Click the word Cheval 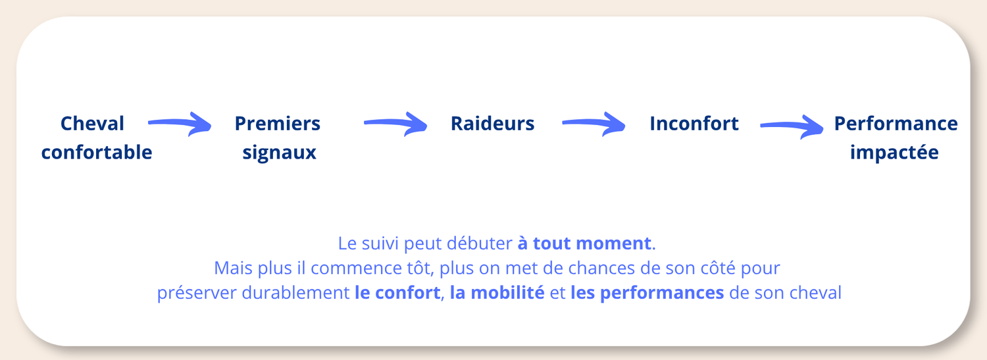click(x=92, y=123)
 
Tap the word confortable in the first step click(x=97, y=153)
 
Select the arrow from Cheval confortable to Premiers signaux click(x=180, y=124)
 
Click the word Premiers click(x=277, y=123)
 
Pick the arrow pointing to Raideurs click(x=395, y=124)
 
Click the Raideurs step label click(x=492, y=123)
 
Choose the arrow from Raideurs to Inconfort click(x=594, y=124)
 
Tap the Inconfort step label click(x=694, y=123)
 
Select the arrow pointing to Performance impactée click(x=792, y=127)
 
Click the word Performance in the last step click(x=896, y=123)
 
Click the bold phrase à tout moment click(x=584, y=244)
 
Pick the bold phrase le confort click(x=397, y=293)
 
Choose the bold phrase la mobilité click(x=497, y=293)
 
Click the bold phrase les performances click(x=647, y=294)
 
